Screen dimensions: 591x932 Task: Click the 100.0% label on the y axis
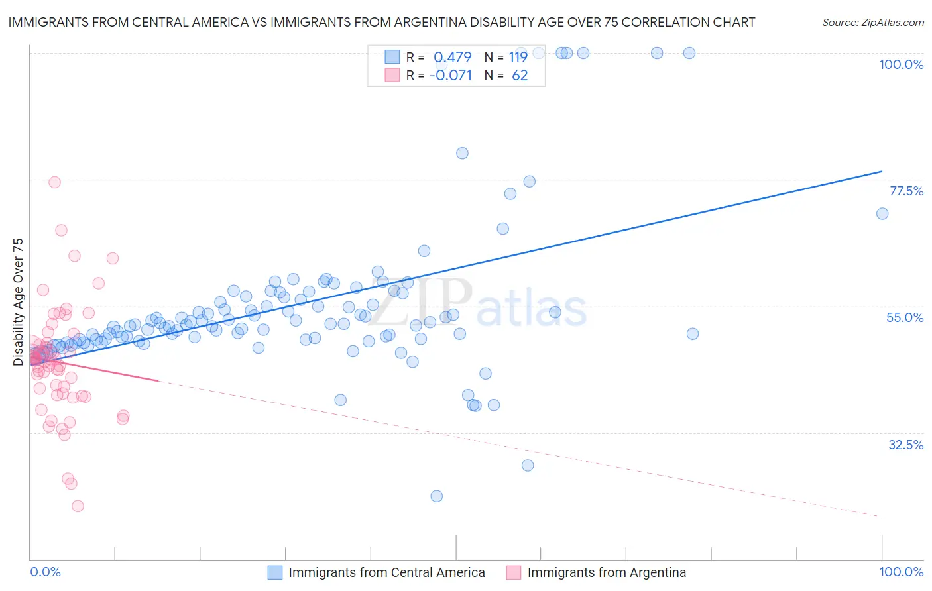901,64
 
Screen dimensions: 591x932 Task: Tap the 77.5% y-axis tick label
906,191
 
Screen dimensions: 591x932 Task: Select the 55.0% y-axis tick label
905,317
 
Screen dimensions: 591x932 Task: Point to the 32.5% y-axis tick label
905,445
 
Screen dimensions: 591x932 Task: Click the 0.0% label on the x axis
45,572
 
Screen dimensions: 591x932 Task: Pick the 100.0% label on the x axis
901,572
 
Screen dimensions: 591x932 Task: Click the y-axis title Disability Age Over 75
18,302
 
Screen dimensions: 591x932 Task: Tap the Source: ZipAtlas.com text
872,23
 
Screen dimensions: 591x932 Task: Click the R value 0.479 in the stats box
452,57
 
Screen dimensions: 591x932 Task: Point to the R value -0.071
451,75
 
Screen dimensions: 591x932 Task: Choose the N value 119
518,57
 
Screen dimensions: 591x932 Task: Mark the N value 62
520,75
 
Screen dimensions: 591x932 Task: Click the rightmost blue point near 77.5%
882,213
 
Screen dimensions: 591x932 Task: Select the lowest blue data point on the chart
436,496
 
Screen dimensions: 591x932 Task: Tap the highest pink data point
55,182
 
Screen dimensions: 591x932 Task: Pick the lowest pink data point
78,506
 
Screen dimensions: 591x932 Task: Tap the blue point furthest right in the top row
689,53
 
